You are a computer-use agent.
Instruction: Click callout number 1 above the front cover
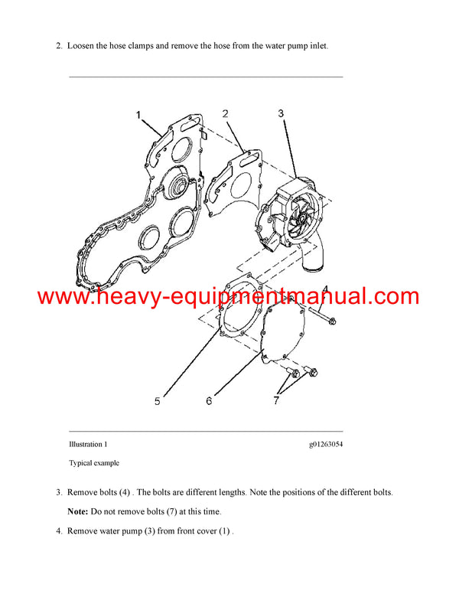click(x=139, y=115)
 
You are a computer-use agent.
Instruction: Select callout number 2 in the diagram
click(x=226, y=114)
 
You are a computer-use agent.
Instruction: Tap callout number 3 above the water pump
click(x=281, y=113)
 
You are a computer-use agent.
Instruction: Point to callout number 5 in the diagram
click(x=157, y=400)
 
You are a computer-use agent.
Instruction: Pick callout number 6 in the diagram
click(x=209, y=400)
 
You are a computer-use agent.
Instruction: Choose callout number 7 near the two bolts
click(x=278, y=400)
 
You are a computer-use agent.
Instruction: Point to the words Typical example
click(x=94, y=463)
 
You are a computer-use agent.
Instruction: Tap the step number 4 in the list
click(x=58, y=530)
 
